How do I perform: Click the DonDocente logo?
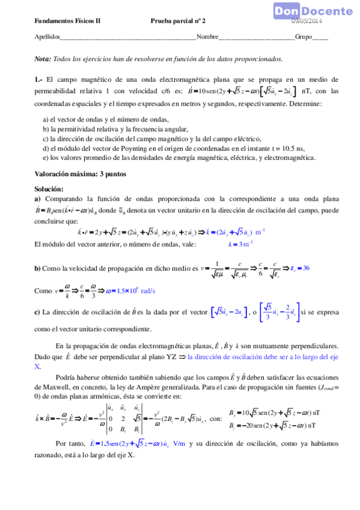point(314,11)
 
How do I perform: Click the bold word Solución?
point(49,189)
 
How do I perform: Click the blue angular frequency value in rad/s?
point(130,290)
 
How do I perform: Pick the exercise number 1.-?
point(39,79)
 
